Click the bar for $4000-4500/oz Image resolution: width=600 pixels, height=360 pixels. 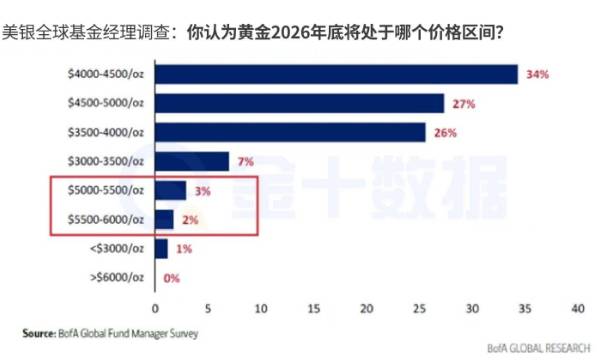pyautogui.click(x=336, y=74)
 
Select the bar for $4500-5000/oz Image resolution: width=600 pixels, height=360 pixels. pyautogui.click(x=299, y=103)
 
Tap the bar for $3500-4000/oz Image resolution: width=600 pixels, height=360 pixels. pyautogui.click(x=290, y=132)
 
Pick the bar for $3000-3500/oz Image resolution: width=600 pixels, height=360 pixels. pyautogui.click(x=192, y=161)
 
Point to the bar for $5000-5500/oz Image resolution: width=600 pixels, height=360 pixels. pyautogui.click(x=170, y=190)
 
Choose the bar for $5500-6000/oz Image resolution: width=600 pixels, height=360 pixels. pyautogui.click(x=165, y=219)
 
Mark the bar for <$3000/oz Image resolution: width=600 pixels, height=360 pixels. pyautogui.click(x=161, y=248)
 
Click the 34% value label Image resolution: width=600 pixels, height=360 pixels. pyautogui.click(x=538, y=74)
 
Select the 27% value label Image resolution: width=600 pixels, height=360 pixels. pyautogui.click(x=463, y=103)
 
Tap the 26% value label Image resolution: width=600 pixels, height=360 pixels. pyautogui.click(x=446, y=132)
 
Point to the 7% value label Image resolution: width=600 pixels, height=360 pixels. pyautogui.click(x=246, y=161)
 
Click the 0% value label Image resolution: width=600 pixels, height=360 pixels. pyautogui.click(x=171, y=277)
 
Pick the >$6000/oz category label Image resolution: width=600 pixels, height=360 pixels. pyautogui.click(x=121, y=277)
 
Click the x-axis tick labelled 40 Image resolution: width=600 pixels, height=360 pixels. pyautogui.click(x=577, y=307)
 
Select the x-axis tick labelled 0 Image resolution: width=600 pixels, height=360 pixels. pyautogui.click(x=155, y=307)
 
